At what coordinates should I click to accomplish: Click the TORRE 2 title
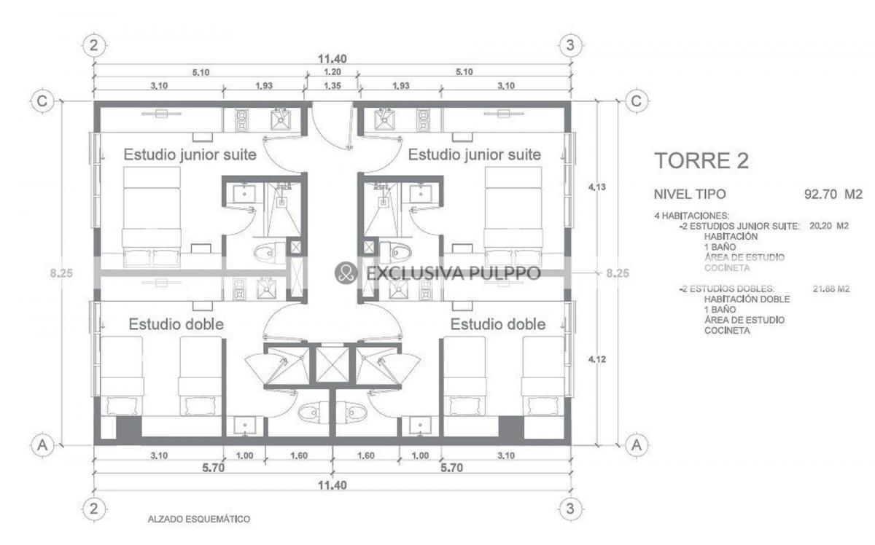[x=701, y=161]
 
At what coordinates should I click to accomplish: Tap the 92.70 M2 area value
[x=833, y=194]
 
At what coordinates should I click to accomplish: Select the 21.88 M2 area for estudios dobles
[x=831, y=289]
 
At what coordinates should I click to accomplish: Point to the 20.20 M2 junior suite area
[x=829, y=226]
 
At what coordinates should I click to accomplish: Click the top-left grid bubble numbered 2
[x=94, y=46]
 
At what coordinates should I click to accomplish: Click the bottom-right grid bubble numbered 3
[x=570, y=509]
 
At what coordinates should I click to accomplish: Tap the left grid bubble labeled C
[x=42, y=101]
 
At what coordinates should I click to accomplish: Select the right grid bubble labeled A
[x=637, y=444]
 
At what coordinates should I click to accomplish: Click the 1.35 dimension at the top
[x=332, y=86]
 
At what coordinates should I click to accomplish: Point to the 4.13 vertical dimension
[x=597, y=187]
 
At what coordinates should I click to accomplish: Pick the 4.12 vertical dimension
[x=597, y=359]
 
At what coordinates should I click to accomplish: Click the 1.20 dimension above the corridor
[x=332, y=72]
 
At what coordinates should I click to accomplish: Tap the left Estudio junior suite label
[x=190, y=154]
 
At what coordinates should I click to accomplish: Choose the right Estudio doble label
[x=498, y=324]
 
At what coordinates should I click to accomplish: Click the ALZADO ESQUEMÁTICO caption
[x=199, y=519]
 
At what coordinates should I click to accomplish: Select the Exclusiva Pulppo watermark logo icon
[x=346, y=272]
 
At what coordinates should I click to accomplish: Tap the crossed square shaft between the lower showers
[x=332, y=365]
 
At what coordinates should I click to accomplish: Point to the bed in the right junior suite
[x=513, y=217]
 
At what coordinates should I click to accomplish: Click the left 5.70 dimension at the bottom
[x=213, y=468]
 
